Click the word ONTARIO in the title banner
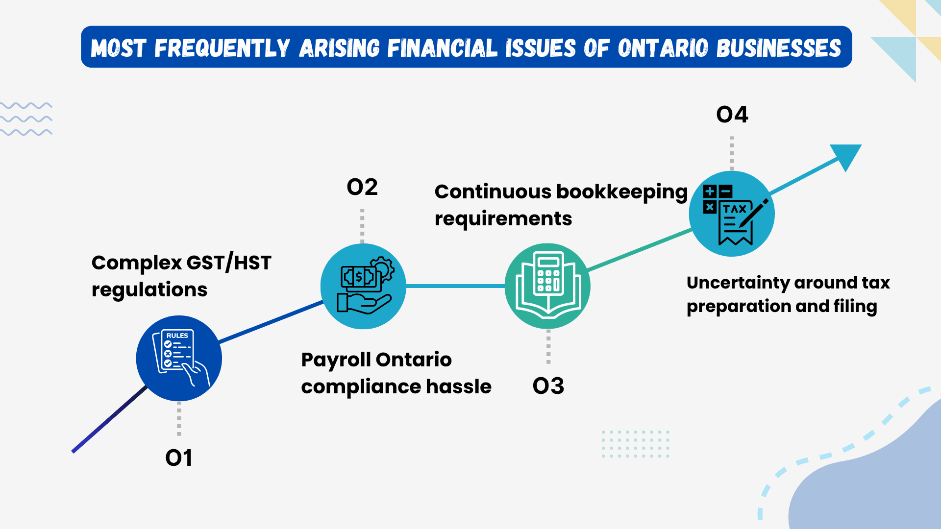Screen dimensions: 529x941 tap(663, 48)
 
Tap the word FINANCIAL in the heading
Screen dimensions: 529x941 tap(442, 48)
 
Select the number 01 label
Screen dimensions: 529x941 tap(179, 458)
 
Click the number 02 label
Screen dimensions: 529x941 tap(362, 187)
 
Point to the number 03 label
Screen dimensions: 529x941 tap(548, 386)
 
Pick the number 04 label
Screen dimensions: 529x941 tap(732, 115)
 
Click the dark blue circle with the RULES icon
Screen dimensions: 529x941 tap(179, 358)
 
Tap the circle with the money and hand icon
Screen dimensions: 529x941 tap(363, 286)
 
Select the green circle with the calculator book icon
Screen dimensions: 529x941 tap(547, 286)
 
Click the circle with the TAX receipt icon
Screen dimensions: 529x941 tap(732, 214)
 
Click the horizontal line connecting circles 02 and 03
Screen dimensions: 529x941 tap(456, 286)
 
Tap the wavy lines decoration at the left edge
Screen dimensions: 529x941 tap(26, 119)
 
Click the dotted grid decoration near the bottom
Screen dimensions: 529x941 tap(635, 444)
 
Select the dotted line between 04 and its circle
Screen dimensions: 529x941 tap(732, 153)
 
